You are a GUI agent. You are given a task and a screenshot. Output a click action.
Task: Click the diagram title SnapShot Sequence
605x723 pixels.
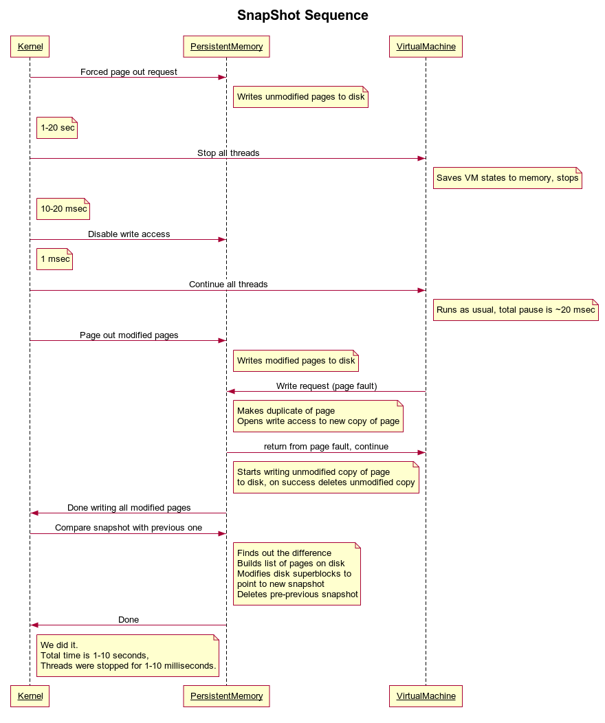tap(302, 15)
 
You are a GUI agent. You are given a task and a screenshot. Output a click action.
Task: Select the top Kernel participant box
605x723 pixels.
tap(30, 47)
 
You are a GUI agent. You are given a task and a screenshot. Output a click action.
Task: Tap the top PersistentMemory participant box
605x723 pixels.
tap(226, 47)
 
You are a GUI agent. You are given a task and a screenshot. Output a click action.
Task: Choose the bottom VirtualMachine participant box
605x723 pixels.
tap(426, 696)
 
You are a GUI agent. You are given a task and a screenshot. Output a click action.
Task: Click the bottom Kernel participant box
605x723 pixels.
tap(30, 696)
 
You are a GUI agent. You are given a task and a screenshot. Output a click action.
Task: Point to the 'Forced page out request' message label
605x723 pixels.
tap(129, 72)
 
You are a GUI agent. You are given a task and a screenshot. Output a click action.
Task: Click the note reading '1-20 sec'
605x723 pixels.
tap(57, 128)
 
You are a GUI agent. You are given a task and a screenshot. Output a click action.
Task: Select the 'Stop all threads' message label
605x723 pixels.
tap(228, 153)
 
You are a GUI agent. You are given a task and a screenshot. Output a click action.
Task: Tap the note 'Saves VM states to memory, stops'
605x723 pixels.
tap(507, 178)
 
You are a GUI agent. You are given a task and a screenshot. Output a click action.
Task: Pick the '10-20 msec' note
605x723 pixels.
tap(63, 209)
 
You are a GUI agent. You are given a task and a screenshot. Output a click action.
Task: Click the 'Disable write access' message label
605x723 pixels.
tap(129, 234)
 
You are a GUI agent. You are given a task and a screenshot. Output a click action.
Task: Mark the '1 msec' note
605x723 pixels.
tap(55, 259)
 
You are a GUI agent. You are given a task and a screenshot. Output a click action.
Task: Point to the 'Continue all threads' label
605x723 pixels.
tap(228, 285)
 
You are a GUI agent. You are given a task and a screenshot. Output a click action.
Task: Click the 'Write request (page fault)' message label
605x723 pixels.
tap(327, 386)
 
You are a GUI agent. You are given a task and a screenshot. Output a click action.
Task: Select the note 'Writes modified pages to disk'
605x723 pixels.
tap(296, 361)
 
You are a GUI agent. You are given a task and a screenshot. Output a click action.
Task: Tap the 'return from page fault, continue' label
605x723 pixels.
tap(326, 447)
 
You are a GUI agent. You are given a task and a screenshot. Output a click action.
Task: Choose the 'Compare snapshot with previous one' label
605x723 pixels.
tap(129, 528)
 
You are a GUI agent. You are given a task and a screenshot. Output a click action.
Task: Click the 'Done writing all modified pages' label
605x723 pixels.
tap(129, 508)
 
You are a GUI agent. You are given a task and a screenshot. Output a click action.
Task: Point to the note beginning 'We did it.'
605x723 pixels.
tap(128, 656)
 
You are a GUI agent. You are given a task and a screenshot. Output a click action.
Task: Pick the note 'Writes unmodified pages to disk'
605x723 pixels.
tap(300, 97)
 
